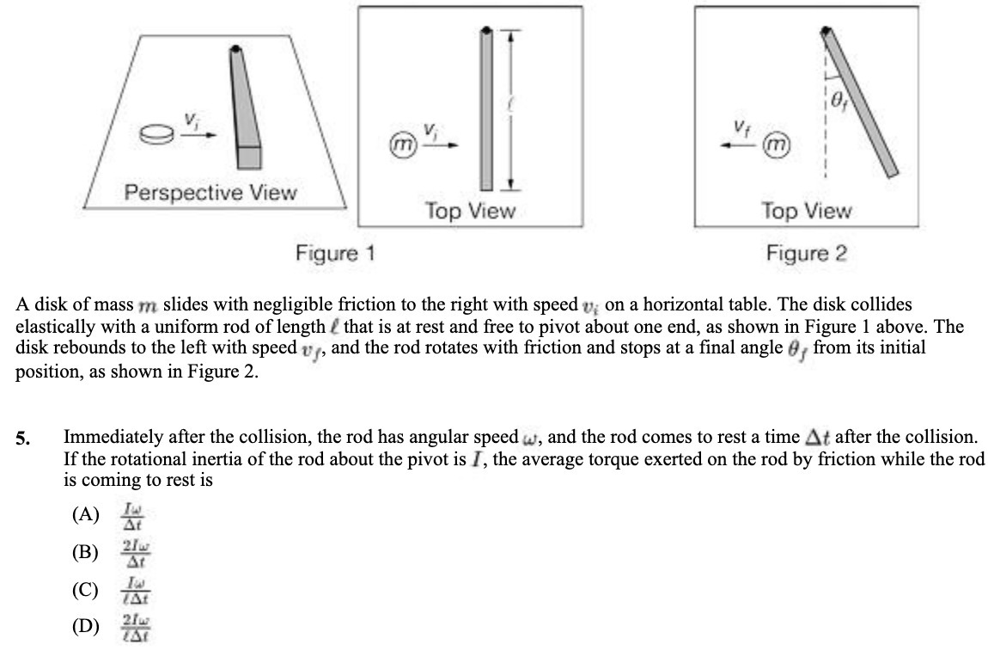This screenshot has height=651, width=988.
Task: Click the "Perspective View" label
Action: (x=210, y=192)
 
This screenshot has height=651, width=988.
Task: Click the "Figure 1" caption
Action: (x=335, y=254)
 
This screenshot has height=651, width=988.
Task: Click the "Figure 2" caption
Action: (x=807, y=254)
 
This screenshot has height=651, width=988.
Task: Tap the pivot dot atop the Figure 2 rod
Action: (x=826, y=33)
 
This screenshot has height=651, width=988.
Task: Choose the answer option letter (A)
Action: (x=86, y=514)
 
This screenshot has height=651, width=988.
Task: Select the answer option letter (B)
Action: (x=86, y=552)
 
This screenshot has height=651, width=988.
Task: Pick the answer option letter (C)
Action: (x=86, y=590)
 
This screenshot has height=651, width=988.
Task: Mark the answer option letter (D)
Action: (x=86, y=625)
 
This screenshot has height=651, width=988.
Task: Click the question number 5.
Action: (x=23, y=439)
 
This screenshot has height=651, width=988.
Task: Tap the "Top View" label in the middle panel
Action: (x=470, y=211)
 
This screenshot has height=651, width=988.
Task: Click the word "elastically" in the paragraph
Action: (x=52, y=327)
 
